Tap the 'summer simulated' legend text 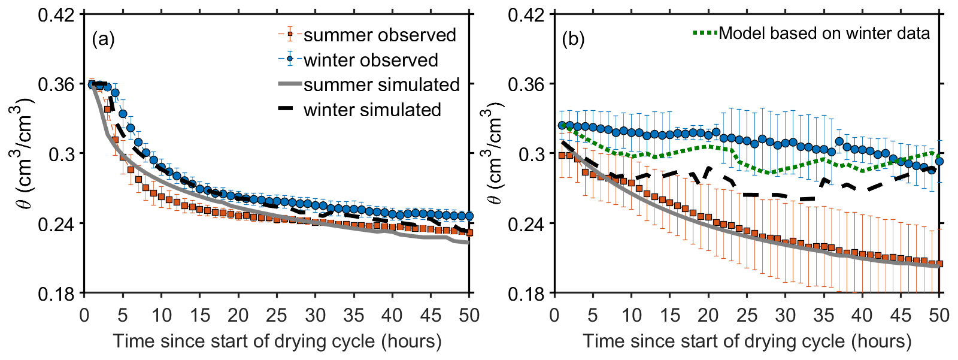click(x=381, y=84)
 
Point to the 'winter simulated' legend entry click(x=372, y=110)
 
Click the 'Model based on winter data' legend click(x=824, y=33)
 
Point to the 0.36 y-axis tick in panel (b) click(x=527, y=84)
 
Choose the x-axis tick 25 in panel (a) click(x=277, y=315)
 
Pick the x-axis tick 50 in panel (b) click(x=939, y=315)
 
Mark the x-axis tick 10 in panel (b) click(x=632, y=315)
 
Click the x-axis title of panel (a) click(x=277, y=341)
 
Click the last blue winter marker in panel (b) click(x=939, y=161)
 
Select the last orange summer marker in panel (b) click(x=939, y=264)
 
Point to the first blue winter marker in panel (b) click(x=562, y=125)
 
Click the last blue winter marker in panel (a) click(x=469, y=216)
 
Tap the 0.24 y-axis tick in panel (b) click(x=527, y=224)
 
